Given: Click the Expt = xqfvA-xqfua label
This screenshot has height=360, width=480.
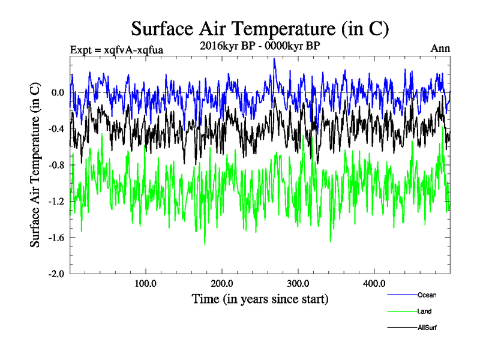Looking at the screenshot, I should pyautogui.click(x=116, y=50).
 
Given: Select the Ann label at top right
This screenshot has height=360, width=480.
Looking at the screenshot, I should pyautogui.click(x=440, y=49).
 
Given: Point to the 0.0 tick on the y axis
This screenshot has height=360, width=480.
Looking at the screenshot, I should pyautogui.click(x=58, y=93).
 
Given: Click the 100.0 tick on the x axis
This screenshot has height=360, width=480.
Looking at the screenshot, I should pyautogui.click(x=146, y=283).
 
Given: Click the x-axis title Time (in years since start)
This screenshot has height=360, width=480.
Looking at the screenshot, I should pyautogui.click(x=260, y=298).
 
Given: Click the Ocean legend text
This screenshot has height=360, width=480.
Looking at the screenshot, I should pyautogui.click(x=427, y=295).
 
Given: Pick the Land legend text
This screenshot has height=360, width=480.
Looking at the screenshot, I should pyautogui.click(x=424, y=311).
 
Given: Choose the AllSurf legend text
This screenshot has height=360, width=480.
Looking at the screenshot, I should pyautogui.click(x=427, y=328).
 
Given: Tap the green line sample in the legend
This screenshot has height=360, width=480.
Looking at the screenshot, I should pyautogui.click(x=402, y=311).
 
